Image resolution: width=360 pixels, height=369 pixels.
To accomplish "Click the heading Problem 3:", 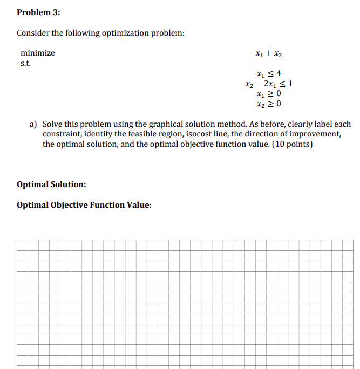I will coord(38,12).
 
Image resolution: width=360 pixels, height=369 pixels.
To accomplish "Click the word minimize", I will coord(37,53).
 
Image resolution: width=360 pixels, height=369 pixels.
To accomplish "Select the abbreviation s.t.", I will coord(25,64).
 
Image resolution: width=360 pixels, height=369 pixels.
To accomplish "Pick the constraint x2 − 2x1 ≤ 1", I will coord(269,84).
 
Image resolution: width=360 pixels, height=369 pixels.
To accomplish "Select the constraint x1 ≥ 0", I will coord(269,93).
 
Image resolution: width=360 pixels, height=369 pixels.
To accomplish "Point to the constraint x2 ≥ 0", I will coord(269,103).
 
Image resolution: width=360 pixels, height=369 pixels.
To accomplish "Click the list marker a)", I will coord(33,124).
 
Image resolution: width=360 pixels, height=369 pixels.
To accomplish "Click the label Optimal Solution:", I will coord(51,184).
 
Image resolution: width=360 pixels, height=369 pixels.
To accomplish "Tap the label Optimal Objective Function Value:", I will coord(84,205).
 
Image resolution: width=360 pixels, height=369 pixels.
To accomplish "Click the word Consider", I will coord(33,33).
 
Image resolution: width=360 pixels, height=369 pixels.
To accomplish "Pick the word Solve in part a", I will coord(53,124).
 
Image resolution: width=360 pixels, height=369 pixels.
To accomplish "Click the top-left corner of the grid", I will coord(17,240).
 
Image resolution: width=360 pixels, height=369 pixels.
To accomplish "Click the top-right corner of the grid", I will coord(353,240).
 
